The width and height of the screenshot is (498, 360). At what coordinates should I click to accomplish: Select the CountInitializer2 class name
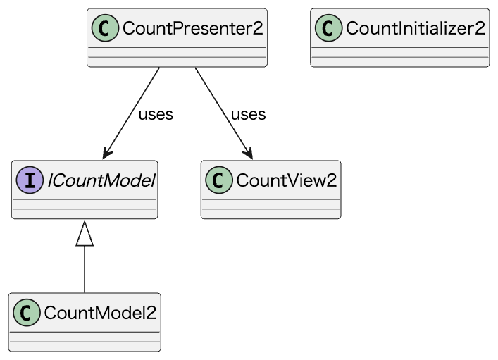[x=415, y=28]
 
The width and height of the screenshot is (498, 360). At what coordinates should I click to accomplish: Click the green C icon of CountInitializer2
[x=329, y=28]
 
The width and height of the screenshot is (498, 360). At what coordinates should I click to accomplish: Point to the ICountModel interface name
[x=100, y=180]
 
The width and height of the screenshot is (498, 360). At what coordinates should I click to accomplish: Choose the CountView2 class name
[x=286, y=180]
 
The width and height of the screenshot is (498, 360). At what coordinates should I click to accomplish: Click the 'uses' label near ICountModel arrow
[x=156, y=114]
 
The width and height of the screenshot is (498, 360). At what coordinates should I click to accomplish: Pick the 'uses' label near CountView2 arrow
[x=248, y=114]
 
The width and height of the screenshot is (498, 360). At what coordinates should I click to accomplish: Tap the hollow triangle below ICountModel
[x=85, y=233]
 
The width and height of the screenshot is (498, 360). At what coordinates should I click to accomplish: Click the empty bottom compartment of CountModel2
[x=85, y=345]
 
